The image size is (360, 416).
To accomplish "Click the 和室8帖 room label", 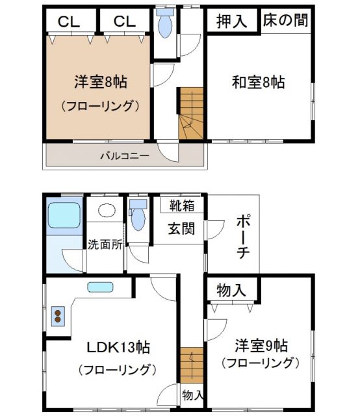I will coord(259,83).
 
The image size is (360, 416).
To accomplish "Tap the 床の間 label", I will coord(285,20).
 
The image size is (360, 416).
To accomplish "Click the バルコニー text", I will coord(124,156).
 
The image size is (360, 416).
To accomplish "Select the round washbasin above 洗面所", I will coord(105,211).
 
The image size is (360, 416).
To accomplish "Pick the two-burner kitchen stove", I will coord(59,317).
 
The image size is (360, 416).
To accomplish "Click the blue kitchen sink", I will coord(100,287).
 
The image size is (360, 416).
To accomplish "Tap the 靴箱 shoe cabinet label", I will coord(182,206).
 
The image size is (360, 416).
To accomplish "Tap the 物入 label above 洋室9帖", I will coord(232,290).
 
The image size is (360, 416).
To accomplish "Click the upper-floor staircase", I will coord(191,114).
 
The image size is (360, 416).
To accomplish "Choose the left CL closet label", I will coord(69,21).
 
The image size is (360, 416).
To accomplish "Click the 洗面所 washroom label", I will coord(105,245).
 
